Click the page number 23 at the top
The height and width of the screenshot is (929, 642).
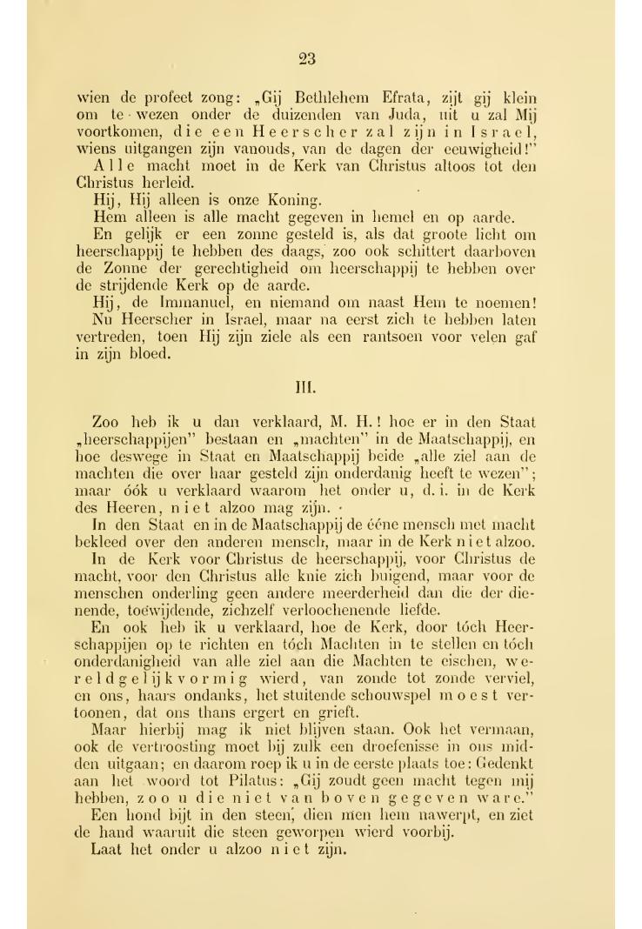tap(306, 59)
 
